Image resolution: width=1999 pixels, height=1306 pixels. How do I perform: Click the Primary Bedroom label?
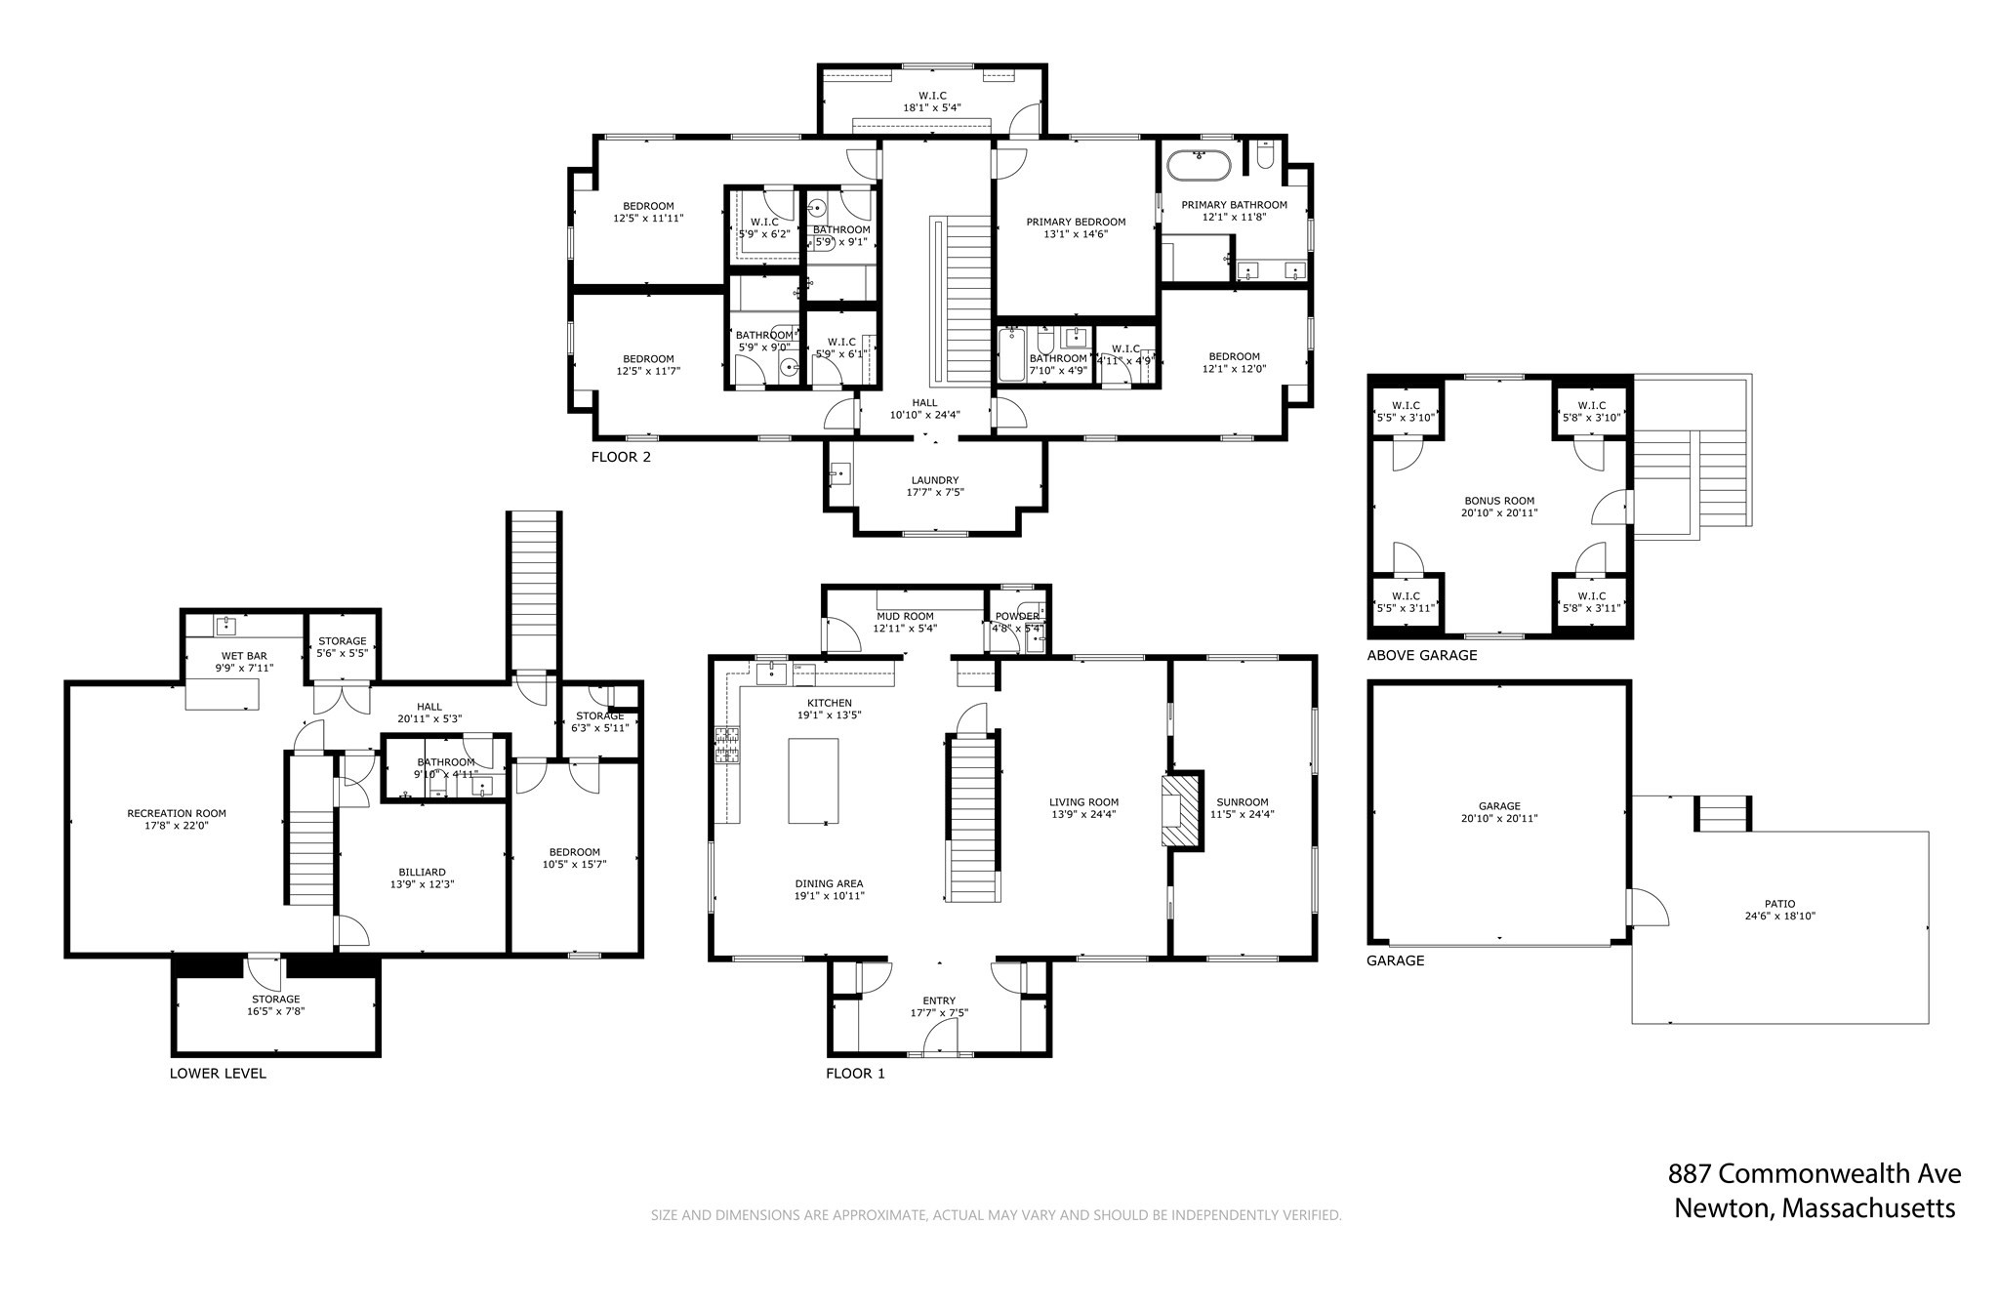click(x=1076, y=222)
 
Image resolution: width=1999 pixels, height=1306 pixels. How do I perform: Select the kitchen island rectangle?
click(x=813, y=780)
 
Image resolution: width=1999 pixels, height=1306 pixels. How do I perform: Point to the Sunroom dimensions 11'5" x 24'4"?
click(x=1243, y=814)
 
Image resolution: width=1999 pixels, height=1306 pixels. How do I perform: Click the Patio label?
click(x=1779, y=904)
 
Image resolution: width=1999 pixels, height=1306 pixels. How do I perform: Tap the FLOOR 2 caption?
click(x=621, y=457)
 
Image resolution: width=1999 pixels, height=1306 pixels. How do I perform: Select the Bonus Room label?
click(x=1499, y=501)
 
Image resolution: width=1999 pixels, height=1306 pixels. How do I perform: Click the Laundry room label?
click(x=935, y=480)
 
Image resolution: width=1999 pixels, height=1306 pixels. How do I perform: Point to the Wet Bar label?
click(x=244, y=656)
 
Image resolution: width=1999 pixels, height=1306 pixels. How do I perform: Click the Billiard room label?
click(x=422, y=873)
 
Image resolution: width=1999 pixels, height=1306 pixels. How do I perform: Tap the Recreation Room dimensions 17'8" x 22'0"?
click(x=177, y=826)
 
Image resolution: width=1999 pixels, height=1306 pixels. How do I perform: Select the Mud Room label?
click(x=905, y=616)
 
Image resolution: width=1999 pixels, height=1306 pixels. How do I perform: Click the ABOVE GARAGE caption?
click(x=1421, y=655)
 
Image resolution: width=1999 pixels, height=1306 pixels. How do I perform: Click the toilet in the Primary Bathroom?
click(x=1265, y=156)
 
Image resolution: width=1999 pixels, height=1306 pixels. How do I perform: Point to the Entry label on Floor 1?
click(x=939, y=1000)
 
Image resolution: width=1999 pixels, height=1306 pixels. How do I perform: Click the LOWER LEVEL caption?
click(x=218, y=1073)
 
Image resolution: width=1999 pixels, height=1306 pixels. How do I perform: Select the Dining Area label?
click(x=829, y=883)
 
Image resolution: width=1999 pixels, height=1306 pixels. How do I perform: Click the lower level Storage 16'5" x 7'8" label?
click(x=276, y=1000)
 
